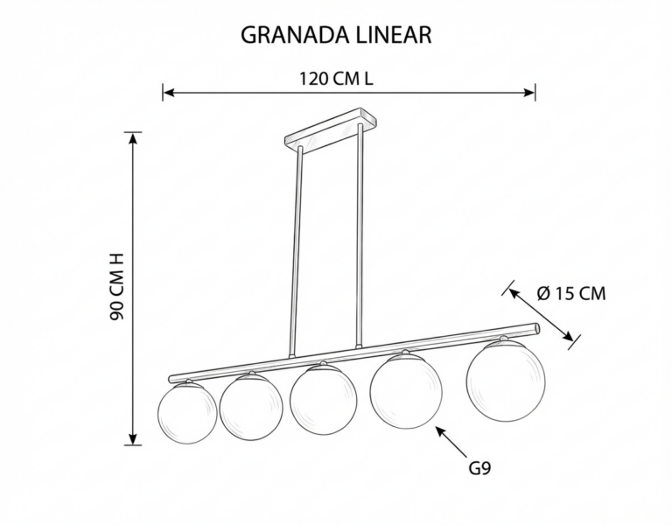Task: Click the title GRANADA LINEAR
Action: click(336, 35)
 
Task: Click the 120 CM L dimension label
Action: click(336, 79)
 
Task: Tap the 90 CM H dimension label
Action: click(116, 287)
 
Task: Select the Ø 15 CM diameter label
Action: click(571, 294)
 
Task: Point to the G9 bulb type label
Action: click(479, 468)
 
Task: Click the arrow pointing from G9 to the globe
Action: click(451, 441)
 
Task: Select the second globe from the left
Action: click(251, 407)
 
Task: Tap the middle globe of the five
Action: click(323, 399)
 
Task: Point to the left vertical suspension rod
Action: click(297, 252)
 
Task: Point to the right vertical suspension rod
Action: click(359, 234)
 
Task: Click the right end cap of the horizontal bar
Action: click(536, 329)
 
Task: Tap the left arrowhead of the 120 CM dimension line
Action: click(168, 93)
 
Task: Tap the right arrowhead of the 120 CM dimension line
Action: click(529, 93)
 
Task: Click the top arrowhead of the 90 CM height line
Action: click(134, 138)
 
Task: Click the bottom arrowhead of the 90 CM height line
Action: click(134, 439)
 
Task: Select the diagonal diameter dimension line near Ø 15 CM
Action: click(541, 315)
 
